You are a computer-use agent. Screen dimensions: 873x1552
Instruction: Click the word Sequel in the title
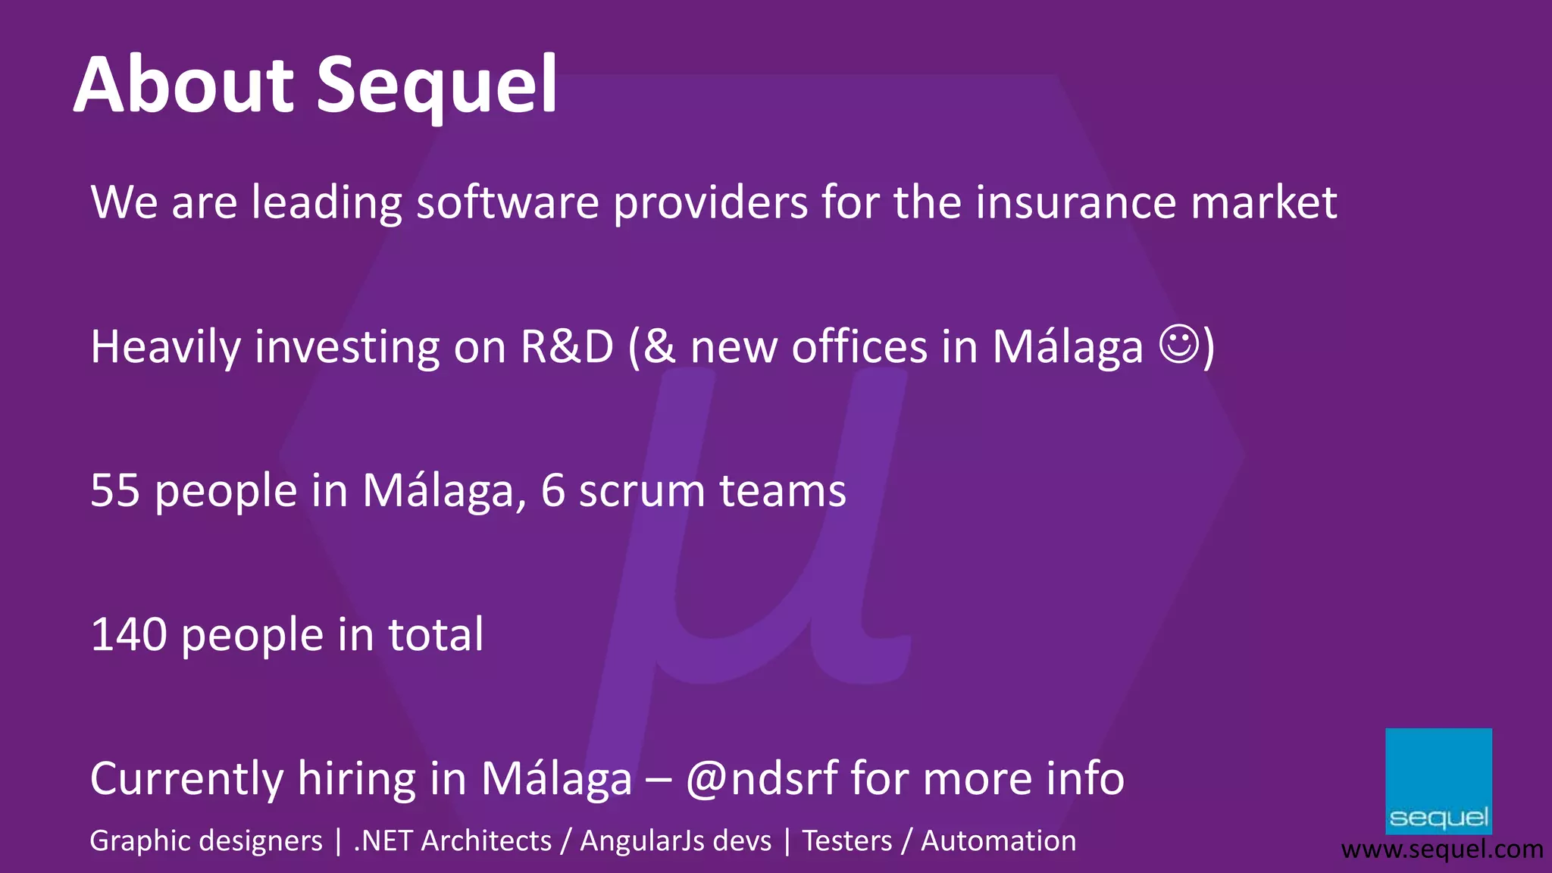436,87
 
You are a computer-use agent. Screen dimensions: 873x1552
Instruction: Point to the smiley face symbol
1179,345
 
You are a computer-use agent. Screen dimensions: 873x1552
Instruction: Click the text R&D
567,347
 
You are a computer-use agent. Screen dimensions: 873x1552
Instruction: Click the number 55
115,490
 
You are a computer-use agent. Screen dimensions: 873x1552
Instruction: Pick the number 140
129,634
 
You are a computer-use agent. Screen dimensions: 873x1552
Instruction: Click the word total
436,634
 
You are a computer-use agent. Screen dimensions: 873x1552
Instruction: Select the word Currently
186,780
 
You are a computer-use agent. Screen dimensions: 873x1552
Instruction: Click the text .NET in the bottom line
383,840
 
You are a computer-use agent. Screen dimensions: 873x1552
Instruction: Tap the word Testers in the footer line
847,840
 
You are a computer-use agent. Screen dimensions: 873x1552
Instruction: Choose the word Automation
998,840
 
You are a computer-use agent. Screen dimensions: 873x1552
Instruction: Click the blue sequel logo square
1438,781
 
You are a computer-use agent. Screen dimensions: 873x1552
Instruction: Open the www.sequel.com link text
1442,850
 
